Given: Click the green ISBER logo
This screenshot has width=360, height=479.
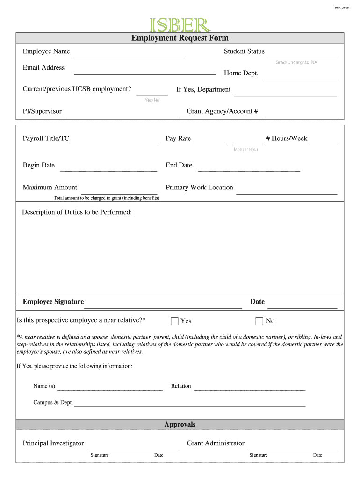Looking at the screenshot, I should (180, 25).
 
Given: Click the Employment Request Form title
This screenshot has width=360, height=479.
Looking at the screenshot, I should (180, 38).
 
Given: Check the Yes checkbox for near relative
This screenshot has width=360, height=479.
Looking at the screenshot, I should (174, 321).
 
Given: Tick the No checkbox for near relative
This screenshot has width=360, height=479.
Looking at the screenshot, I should (259, 321).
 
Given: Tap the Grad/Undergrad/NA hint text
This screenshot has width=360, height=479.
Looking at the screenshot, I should (296, 62).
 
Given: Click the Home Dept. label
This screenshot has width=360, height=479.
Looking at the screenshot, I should (241, 73).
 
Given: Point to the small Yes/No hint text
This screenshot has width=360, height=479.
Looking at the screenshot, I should (152, 100).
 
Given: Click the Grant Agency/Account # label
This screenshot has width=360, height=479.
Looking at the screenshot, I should (223, 111).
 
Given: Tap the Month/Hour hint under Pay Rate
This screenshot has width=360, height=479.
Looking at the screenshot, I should (246, 149).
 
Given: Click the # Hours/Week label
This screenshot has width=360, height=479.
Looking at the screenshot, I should (287, 138).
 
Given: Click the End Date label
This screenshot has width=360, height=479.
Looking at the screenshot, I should (179, 165).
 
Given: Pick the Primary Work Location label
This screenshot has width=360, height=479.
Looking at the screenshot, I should (199, 188).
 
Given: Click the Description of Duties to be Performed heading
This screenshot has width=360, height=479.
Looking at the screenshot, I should (77, 212).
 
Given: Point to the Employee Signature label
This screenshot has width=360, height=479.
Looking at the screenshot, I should (53, 302).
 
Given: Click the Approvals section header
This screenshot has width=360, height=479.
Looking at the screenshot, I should (180, 425).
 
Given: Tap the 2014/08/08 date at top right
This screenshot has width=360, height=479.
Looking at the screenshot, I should (341, 7).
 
